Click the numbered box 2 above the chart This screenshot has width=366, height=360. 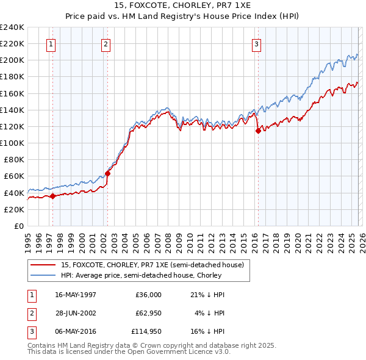[106, 44]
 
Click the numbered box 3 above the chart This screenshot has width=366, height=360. [256, 44]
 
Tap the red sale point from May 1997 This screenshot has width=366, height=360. [52, 196]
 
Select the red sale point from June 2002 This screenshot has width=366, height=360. [108, 173]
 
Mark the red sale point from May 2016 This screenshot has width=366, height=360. [258, 131]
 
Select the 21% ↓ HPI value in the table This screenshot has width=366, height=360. [207, 295]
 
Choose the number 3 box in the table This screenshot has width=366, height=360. [30, 332]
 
